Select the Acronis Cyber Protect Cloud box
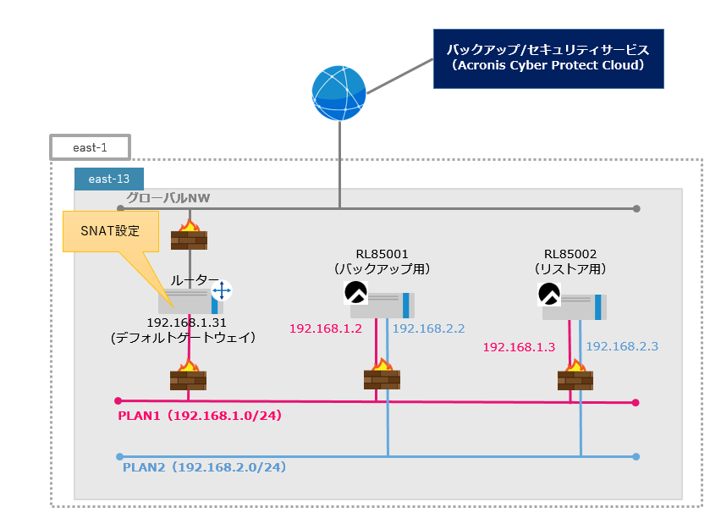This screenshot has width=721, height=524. coord(548,58)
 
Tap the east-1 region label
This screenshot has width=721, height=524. coord(90,147)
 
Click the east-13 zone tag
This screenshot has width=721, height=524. coord(109,179)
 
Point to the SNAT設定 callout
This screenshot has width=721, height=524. coord(112,231)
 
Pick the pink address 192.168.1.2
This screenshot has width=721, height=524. coord(326,328)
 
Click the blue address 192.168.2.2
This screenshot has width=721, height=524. coord(429,328)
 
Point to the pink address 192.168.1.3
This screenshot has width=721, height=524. coord(519,347)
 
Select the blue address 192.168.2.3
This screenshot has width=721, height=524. coord(622,346)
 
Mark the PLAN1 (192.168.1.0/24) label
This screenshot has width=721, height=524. coord(199,416)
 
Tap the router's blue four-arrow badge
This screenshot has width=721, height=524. coord(221,291)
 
